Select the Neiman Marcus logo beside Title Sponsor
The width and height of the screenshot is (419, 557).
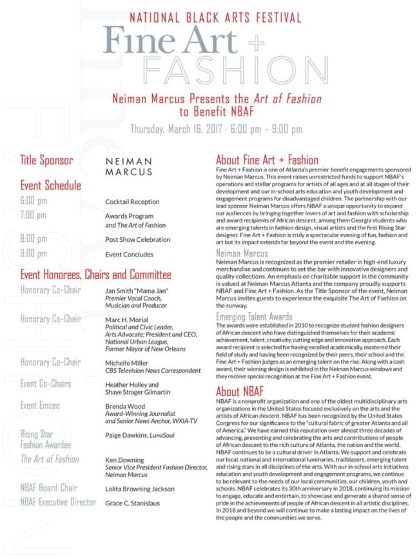point(129,166)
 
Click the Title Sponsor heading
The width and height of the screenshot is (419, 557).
point(46,161)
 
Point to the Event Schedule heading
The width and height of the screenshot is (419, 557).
point(51,186)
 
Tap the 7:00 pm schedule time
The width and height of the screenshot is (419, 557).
point(34,215)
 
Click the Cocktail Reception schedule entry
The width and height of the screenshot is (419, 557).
point(132,202)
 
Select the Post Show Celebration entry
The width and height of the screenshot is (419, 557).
point(138,240)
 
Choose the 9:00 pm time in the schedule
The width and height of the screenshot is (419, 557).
point(34,253)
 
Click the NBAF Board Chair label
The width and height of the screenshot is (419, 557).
point(49,488)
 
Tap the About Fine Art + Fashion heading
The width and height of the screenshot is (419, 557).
point(267,160)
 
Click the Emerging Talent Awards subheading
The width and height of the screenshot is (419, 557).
point(254,317)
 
